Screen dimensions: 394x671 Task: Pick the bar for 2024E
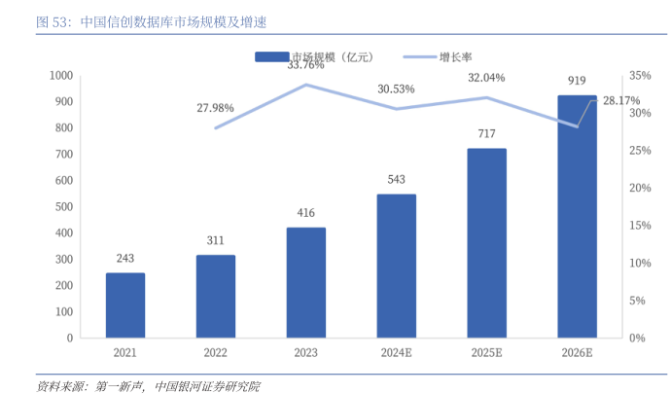point(396,266)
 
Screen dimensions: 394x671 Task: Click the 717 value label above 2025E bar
point(486,132)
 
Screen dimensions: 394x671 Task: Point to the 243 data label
point(125,258)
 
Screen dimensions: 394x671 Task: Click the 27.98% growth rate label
point(216,107)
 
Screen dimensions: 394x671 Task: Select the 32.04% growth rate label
point(487,77)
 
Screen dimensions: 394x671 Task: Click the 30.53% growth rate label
point(396,89)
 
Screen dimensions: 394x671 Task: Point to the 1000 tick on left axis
point(61,75)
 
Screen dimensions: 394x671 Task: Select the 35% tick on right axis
point(639,75)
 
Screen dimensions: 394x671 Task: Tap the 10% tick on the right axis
point(639,263)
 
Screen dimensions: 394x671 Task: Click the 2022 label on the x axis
point(216,353)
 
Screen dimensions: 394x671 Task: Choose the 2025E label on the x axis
point(486,353)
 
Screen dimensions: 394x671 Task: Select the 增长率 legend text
point(457,57)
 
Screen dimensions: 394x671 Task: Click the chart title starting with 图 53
point(136,20)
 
